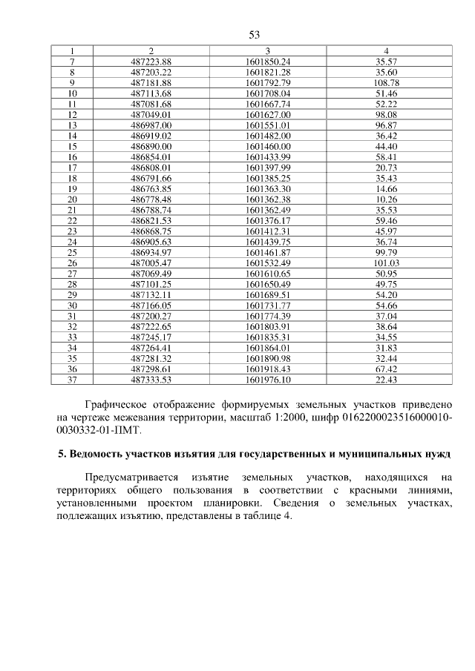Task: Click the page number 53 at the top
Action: (x=253, y=35)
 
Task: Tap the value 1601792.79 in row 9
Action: (x=267, y=83)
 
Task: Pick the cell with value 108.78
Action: (x=387, y=83)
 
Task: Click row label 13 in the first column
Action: (x=73, y=126)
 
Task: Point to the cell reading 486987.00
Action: (x=151, y=126)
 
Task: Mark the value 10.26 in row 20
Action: (x=387, y=200)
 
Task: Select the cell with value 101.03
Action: (x=387, y=263)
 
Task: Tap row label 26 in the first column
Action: (x=73, y=263)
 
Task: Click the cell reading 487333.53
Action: (x=151, y=380)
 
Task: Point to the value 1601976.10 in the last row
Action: (x=267, y=380)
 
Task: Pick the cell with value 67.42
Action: (x=387, y=369)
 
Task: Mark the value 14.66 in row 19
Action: (x=387, y=189)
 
